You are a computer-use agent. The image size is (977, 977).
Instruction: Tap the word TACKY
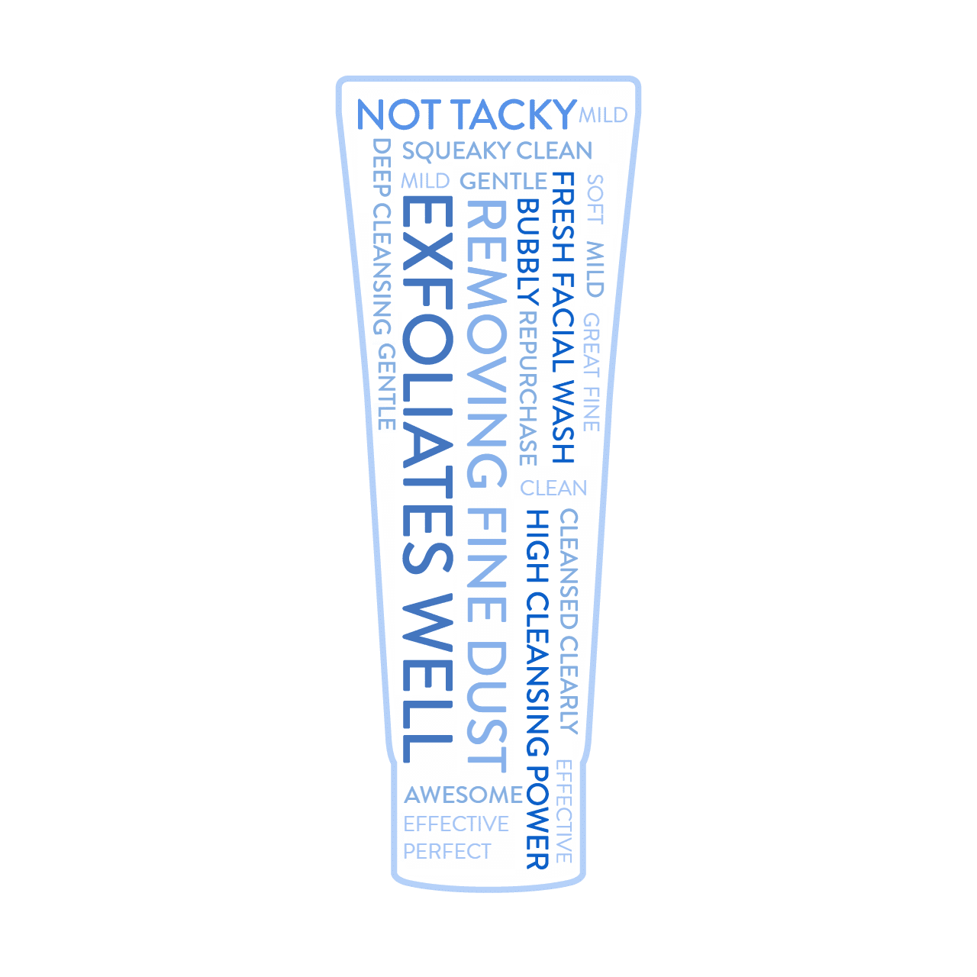(514, 114)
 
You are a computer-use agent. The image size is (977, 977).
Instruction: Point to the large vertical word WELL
(427, 679)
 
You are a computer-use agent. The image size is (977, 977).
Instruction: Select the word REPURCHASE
(527, 389)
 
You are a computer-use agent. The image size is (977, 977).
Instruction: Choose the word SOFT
(595, 199)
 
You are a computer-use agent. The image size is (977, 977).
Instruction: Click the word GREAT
(592, 346)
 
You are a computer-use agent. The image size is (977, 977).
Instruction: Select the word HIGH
(537, 546)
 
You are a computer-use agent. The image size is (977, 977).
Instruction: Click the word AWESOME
(463, 795)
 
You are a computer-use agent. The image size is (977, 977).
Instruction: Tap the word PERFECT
(447, 852)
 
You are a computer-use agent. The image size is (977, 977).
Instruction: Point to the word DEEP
(382, 168)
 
